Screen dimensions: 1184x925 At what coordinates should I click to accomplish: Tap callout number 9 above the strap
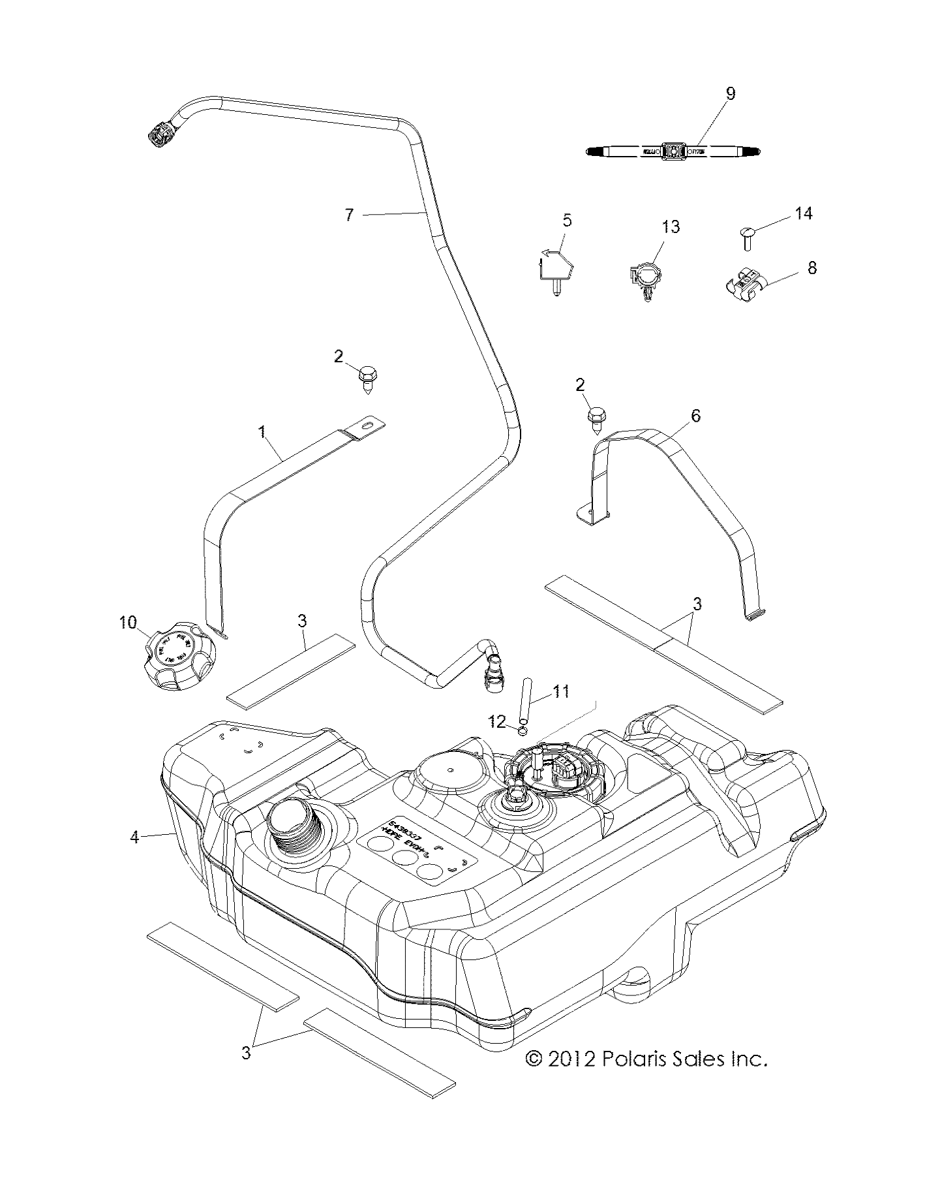[x=730, y=93]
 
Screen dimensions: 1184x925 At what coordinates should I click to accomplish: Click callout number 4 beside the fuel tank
[x=134, y=836]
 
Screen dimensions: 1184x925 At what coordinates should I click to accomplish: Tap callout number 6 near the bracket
[x=695, y=415]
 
